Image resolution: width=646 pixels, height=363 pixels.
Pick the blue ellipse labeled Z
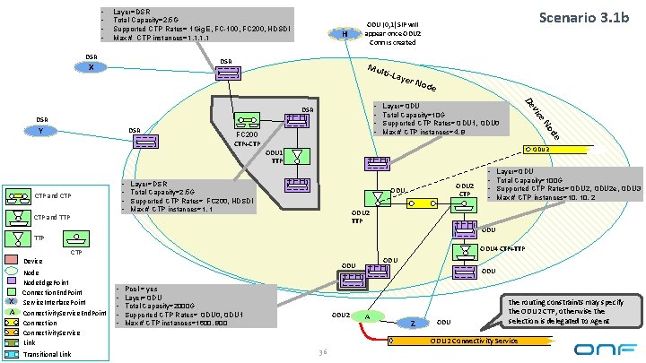(412, 323)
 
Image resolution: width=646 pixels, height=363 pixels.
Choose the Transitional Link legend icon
(12, 353)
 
